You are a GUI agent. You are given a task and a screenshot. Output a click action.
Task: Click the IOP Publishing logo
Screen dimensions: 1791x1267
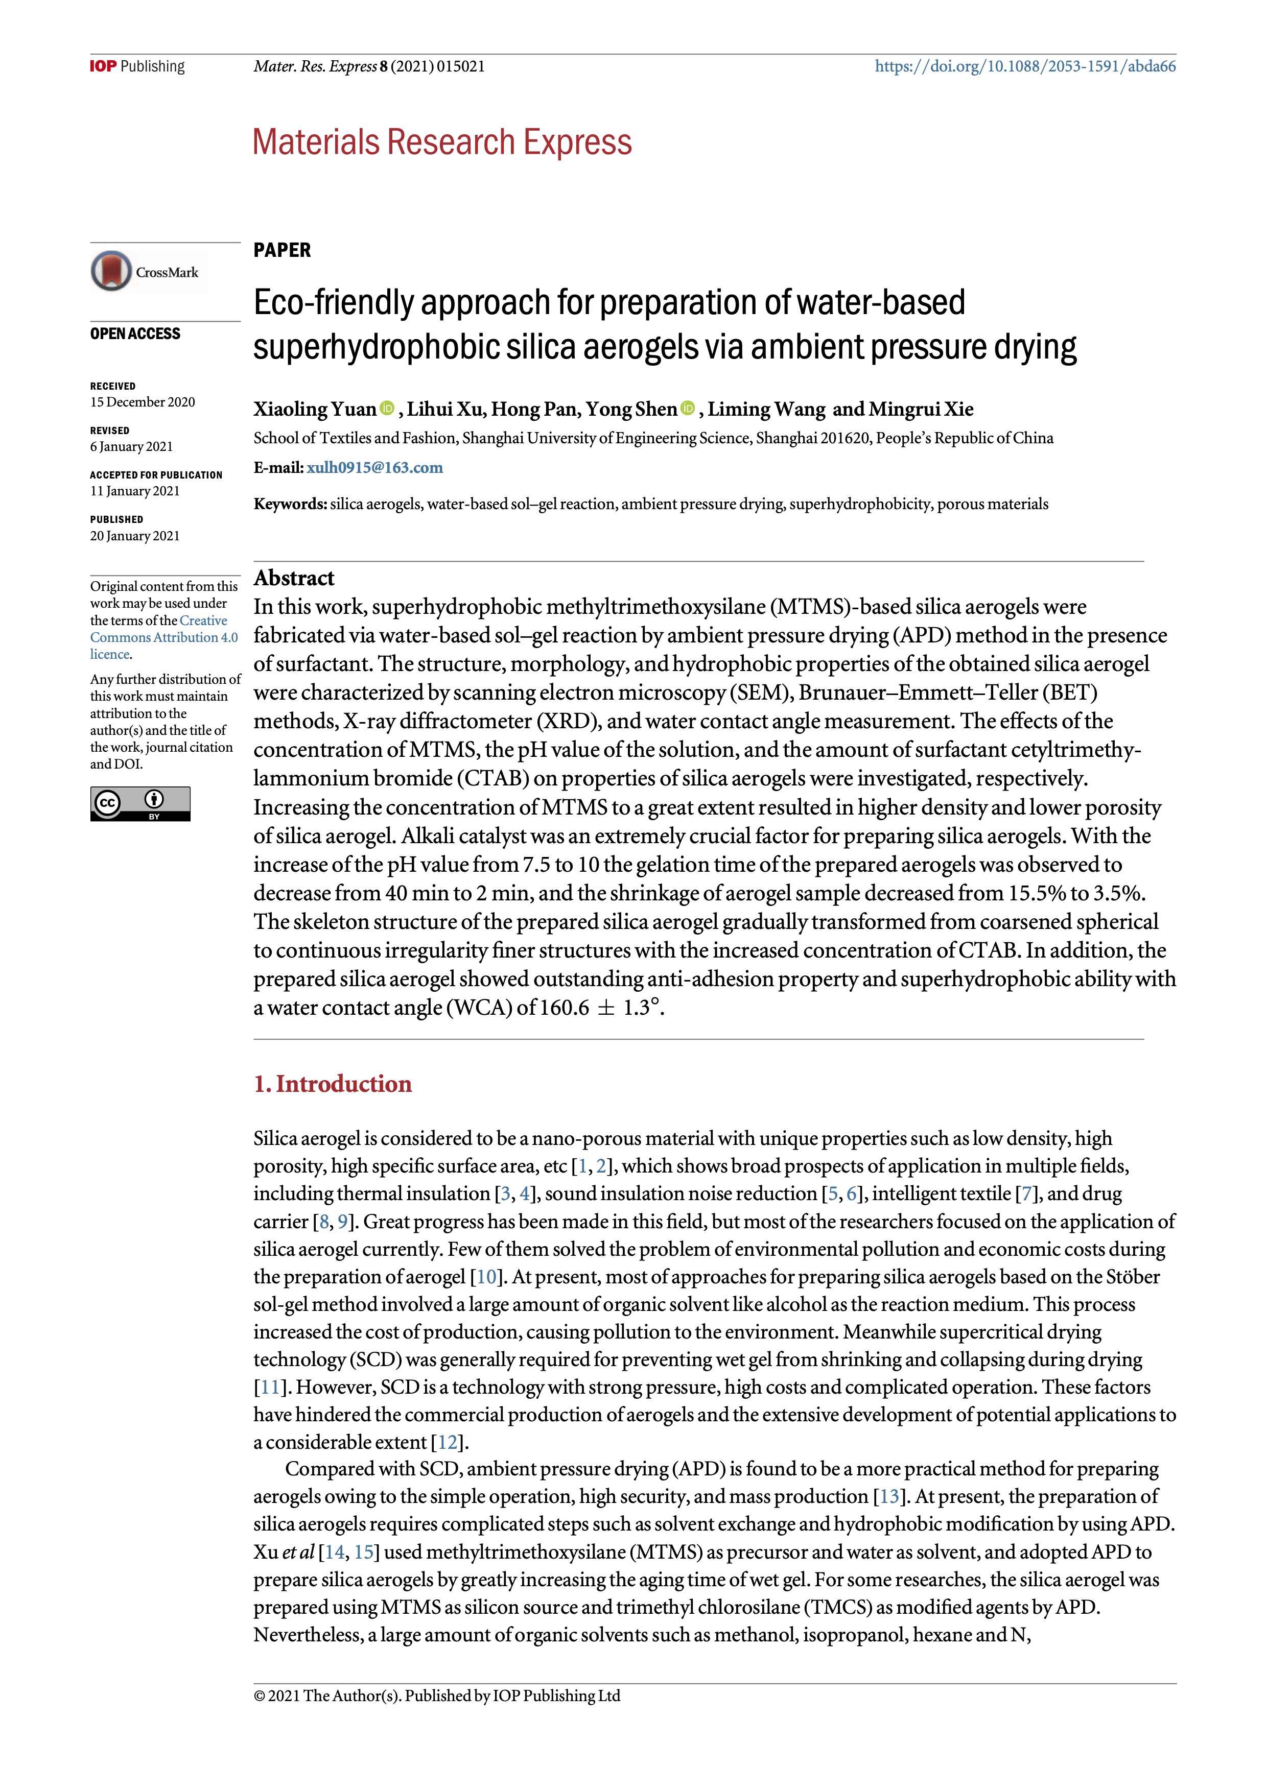tap(137, 66)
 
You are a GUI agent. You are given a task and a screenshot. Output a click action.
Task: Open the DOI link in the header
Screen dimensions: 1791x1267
tap(1024, 66)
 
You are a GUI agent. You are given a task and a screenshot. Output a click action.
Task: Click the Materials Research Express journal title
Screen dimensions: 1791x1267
tap(441, 143)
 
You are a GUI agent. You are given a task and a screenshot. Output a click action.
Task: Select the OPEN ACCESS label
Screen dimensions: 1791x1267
tap(135, 334)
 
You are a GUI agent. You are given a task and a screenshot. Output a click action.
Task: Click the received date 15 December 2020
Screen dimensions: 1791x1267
tap(142, 402)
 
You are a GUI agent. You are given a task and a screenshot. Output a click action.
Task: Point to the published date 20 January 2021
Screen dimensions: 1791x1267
tap(134, 536)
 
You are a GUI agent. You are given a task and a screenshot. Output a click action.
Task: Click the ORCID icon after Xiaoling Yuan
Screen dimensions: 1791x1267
tap(387, 408)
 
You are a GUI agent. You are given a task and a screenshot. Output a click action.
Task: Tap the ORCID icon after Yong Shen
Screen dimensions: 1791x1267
tap(687, 408)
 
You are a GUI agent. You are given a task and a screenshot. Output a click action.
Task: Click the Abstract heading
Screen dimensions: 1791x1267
tap(293, 578)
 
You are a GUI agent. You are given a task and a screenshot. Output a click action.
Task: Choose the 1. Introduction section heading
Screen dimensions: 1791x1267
tap(333, 1084)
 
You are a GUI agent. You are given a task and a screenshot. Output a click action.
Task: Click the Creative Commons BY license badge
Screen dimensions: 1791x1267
tap(140, 803)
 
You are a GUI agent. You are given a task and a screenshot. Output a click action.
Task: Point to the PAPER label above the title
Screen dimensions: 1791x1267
tap(281, 250)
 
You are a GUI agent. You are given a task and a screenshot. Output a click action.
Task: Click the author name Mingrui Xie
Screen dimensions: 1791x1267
tap(921, 410)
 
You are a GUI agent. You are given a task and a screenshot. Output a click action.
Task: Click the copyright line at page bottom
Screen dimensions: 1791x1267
tap(437, 1696)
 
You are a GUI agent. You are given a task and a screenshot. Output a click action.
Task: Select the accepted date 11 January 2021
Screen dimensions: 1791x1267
tap(134, 491)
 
